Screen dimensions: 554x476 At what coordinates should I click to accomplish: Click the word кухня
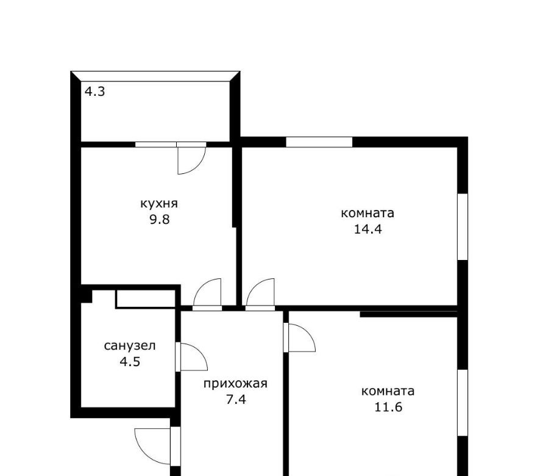[x=159, y=204]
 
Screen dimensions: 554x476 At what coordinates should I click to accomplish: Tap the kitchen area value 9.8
[x=160, y=220]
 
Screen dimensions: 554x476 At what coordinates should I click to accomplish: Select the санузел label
[x=130, y=346]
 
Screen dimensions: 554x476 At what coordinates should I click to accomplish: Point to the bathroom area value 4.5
[x=130, y=362]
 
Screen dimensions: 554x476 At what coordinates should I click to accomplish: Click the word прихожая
[x=235, y=384]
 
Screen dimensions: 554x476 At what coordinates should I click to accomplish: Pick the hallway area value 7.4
[x=236, y=400]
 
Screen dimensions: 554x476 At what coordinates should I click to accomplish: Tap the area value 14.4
[x=368, y=229]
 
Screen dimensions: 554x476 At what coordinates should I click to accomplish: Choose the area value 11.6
[x=388, y=407]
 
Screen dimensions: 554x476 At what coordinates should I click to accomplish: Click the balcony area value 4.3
[x=94, y=92]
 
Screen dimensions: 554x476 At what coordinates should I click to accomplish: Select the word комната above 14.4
[x=368, y=214]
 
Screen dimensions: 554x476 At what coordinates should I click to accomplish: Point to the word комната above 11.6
[x=388, y=391]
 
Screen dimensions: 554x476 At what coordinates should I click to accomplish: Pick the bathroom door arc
[x=200, y=351]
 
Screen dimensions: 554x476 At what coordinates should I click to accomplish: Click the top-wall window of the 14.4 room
[x=319, y=142]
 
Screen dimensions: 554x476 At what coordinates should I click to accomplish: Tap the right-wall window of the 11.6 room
[x=463, y=403]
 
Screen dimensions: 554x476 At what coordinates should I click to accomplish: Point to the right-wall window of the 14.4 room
[x=463, y=227]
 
